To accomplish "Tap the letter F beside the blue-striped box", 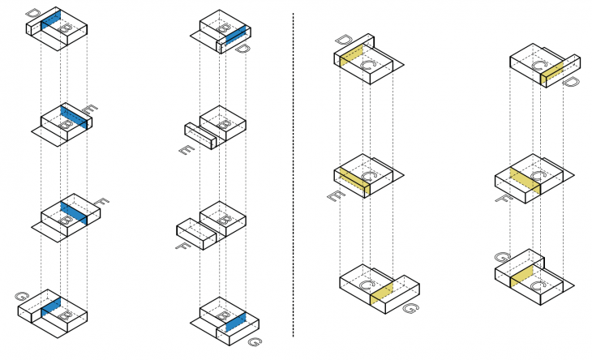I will click(101, 200).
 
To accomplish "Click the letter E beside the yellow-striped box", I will click(332, 196).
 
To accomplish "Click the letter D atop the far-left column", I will click(32, 14).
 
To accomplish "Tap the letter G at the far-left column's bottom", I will click(21, 298).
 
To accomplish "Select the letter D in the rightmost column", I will click(570, 82).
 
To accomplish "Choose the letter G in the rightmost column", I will click(501, 258).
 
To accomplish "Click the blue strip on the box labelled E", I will click(75, 118).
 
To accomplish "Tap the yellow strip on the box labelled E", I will click(353, 183).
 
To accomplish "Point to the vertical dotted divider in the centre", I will click(293, 178).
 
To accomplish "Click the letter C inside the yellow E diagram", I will click(370, 176).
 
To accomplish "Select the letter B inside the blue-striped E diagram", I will click(67, 124).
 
